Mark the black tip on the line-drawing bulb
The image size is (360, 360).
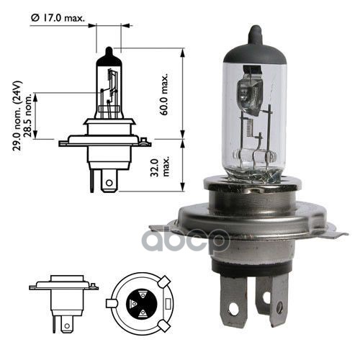pos(107,53)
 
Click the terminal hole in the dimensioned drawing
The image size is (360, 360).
pos(108,184)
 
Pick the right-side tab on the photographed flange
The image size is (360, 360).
pos(333,232)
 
